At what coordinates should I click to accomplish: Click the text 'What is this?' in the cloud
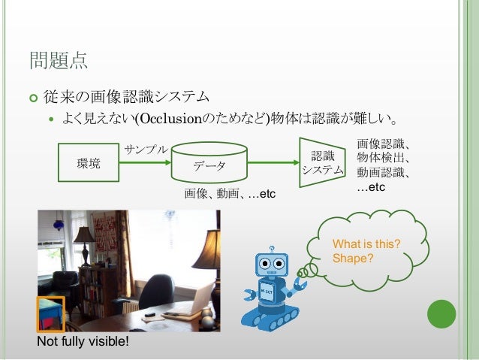click(366, 245)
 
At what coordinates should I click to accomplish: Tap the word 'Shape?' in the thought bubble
click(352, 259)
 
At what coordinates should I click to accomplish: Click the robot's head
click(272, 264)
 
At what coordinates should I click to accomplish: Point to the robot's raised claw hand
click(302, 286)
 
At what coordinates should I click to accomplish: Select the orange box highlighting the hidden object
click(50, 314)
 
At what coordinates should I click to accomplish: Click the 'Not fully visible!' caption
click(83, 343)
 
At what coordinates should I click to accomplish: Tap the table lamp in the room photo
click(84, 239)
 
